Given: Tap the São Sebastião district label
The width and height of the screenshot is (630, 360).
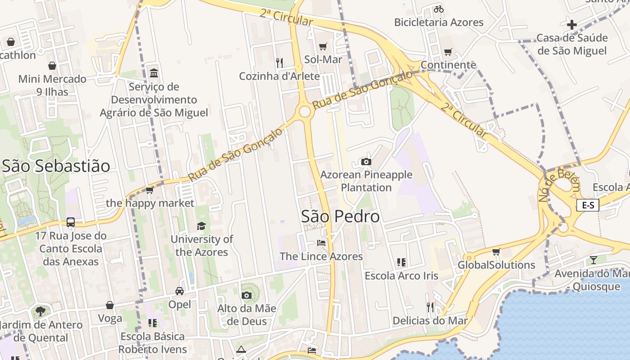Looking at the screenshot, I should coord(56,166).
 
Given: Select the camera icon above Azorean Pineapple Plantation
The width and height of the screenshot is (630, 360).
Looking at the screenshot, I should coord(366,162).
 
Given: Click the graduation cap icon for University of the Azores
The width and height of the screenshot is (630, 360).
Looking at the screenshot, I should coord(201,226).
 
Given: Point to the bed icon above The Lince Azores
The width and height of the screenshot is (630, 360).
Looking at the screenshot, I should coord(321,243).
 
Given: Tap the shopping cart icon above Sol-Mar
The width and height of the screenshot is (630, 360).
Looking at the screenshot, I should coord(323,46).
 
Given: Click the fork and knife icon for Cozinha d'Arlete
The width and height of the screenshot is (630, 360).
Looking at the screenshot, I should coord(279,63).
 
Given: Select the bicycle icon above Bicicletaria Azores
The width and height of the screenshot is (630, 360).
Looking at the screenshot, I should coord(438,9).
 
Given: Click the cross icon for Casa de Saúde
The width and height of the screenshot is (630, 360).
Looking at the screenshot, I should coord(572,25).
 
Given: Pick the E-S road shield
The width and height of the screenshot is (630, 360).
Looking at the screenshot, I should coord(588,206).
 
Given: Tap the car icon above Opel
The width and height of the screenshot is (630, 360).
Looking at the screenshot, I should coord(180,291).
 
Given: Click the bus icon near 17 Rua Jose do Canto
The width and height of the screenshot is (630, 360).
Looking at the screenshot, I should coord(71,222).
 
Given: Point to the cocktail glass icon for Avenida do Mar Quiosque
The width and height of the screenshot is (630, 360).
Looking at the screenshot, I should coord(594,260).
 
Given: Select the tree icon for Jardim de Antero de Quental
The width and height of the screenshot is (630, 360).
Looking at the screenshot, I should coord(40,311).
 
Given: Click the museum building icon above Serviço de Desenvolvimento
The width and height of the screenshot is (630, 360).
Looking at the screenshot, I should coord(154,73).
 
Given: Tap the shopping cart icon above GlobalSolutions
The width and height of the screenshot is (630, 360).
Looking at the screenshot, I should coord(496,252).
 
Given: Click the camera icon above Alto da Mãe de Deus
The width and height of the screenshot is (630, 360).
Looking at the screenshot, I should coord(246,295).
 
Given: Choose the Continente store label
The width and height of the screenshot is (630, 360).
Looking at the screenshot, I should coord(448,65).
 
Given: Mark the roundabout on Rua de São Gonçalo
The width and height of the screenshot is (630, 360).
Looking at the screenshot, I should coord(305,111).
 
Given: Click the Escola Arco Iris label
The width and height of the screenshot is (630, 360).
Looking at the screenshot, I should coord(401,275).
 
